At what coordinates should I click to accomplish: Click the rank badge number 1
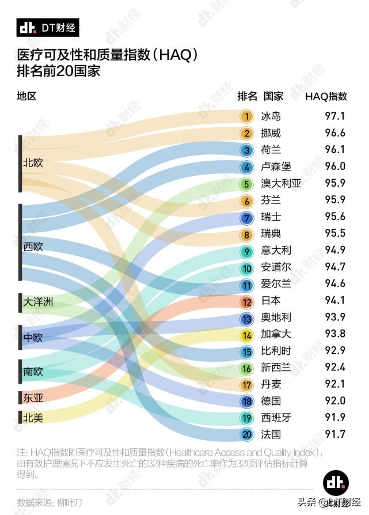click(246, 116)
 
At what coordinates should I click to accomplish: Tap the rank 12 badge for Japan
click(246, 301)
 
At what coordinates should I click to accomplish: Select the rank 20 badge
click(246, 434)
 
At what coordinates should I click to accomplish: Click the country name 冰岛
click(271, 116)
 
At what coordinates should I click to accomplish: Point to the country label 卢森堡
click(276, 167)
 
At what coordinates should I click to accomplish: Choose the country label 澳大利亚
click(281, 184)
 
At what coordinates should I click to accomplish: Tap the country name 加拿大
click(276, 334)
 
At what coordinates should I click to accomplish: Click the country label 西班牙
click(276, 418)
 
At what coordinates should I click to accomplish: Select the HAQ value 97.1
click(335, 116)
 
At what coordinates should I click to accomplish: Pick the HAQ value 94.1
click(335, 301)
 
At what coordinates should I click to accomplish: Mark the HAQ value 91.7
click(335, 434)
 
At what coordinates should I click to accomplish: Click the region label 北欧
click(33, 163)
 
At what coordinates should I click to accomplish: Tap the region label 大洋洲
click(38, 302)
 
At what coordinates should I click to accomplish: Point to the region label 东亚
click(33, 397)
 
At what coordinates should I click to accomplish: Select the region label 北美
click(33, 418)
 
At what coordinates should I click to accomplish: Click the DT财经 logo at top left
click(48, 26)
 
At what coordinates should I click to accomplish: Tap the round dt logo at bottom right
click(336, 482)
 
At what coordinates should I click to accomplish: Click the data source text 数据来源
click(50, 502)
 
